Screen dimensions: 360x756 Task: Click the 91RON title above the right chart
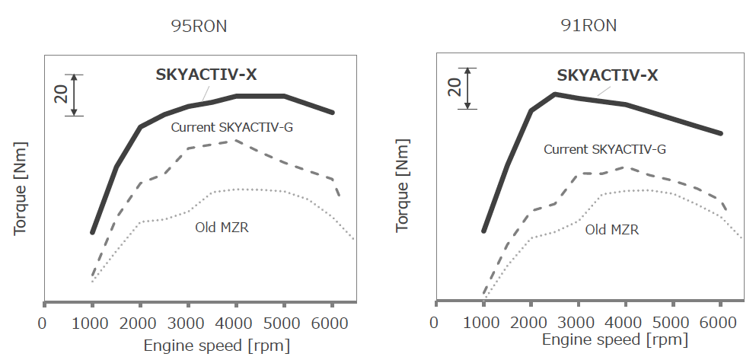point(588,25)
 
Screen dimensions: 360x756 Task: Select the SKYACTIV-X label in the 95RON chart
point(206,75)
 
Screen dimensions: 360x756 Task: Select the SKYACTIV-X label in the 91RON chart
point(608,75)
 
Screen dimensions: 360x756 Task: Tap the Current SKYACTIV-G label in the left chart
point(231,127)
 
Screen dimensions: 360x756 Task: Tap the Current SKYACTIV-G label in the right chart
point(604,149)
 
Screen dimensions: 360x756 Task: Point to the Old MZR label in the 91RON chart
point(611,229)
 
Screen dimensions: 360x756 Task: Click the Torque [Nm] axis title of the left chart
point(20,187)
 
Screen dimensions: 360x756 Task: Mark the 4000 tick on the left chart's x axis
point(236,321)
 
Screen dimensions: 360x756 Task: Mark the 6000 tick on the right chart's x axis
point(720,321)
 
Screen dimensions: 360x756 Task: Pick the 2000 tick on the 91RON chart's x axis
point(531,321)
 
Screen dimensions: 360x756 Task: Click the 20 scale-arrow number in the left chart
point(62,94)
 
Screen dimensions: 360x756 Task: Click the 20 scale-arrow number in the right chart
point(454,86)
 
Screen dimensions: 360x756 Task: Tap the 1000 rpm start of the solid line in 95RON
point(92,232)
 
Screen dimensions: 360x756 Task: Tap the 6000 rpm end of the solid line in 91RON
point(720,133)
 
